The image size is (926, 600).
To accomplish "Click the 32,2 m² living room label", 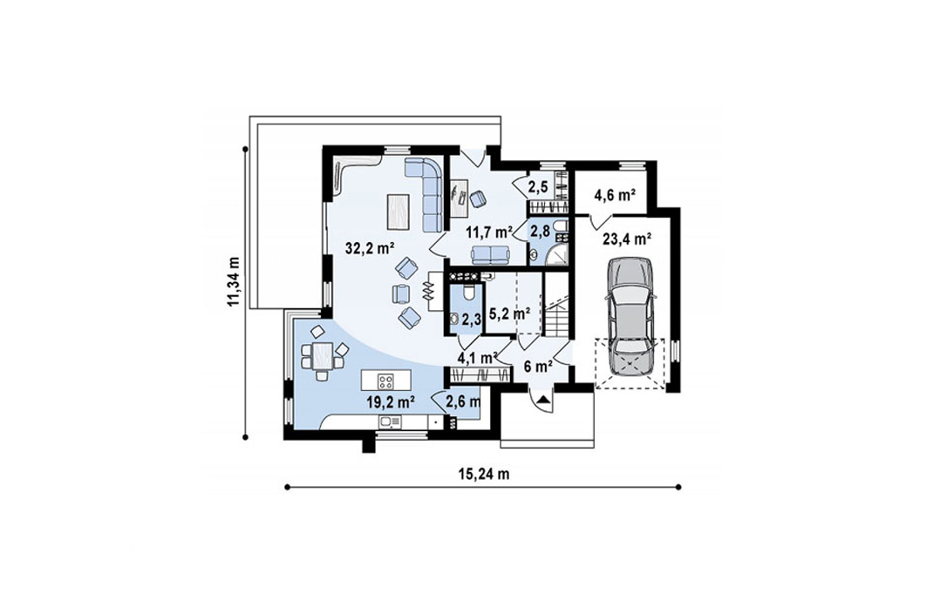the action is point(371,248).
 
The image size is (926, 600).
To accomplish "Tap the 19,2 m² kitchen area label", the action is point(391,403).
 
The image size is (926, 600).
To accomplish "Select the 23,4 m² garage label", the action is point(627,239).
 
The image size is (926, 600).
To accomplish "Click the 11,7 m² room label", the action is point(488,232).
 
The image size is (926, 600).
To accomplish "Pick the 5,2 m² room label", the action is point(509,314).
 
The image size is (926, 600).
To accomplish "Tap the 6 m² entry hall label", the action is point(538,367).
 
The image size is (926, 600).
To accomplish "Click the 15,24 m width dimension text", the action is point(484,474).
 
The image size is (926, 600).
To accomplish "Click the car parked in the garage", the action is point(630,315).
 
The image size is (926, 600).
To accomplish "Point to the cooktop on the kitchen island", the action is point(385,381).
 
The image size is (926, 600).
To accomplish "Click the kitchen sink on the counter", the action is point(390,421).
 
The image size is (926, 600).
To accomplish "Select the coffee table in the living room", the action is point(398,212).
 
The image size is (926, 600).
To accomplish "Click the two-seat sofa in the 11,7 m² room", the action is point(490,255).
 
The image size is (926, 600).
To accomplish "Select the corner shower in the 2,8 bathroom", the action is point(555,254).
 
